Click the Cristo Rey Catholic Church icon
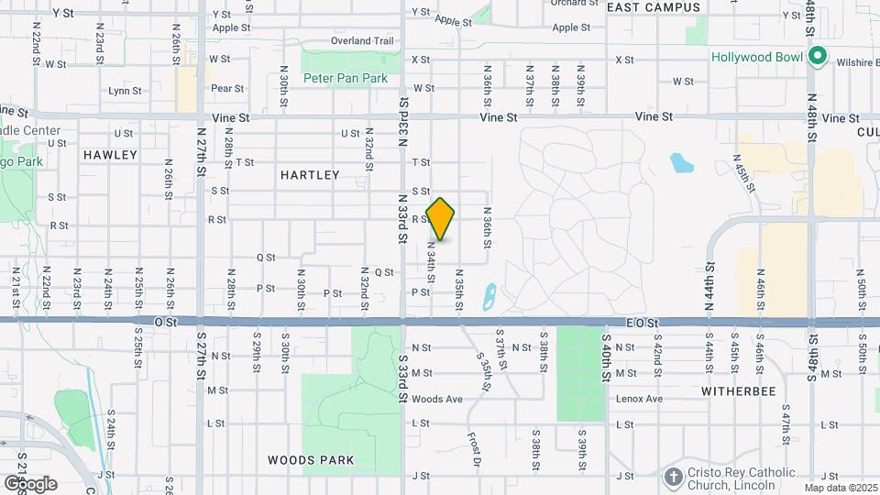pos(674,477)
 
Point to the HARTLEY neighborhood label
pos(310,175)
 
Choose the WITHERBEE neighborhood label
pos(738,391)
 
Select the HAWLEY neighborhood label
pos(110,155)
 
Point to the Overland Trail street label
pos(364,41)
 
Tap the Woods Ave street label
pos(436,399)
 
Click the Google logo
pos(29,483)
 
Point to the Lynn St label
pos(125,91)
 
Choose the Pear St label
pos(227,89)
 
